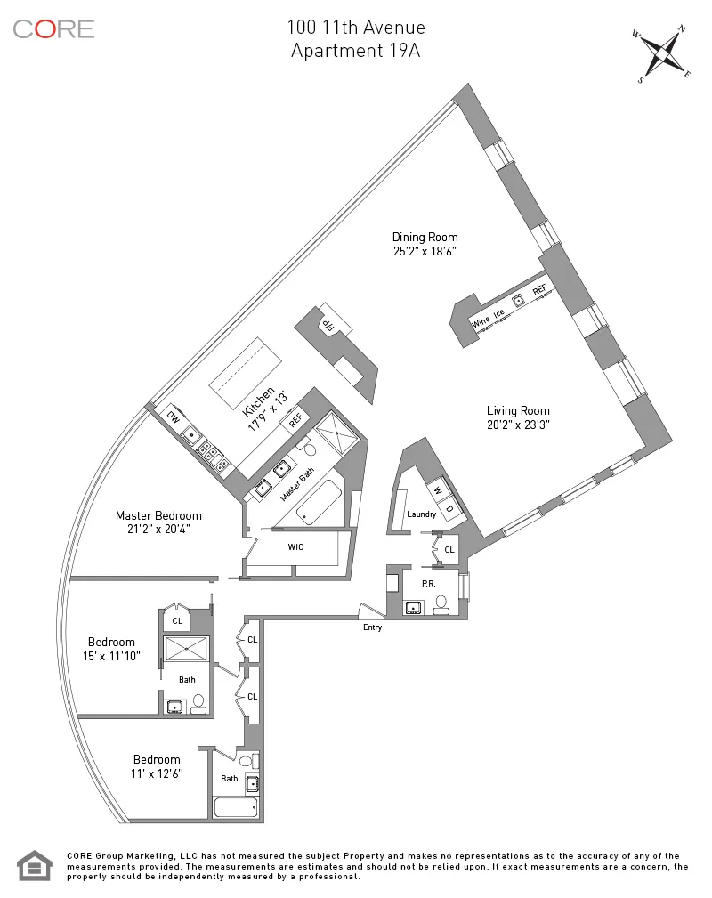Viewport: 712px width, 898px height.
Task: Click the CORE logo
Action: click(53, 28)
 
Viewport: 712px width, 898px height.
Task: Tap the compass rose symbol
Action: click(663, 54)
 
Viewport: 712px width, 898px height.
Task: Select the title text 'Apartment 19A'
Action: click(355, 51)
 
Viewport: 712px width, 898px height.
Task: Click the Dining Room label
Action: click(425, 237)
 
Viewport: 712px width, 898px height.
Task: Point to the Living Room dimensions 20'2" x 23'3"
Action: click(518, 425)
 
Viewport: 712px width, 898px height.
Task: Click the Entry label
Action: click(372, 627)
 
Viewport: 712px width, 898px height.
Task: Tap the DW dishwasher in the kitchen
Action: click(173, 417)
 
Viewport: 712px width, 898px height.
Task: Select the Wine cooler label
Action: click(481, 322)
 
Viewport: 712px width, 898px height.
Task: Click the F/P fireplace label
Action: click(330, 322)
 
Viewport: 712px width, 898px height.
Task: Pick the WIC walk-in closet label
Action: click(295, 546)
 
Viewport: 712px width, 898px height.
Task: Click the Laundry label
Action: click(420, 515)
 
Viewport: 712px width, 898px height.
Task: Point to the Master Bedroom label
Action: click(158, 515)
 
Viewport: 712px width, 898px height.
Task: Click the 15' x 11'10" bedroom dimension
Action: click(111, 657)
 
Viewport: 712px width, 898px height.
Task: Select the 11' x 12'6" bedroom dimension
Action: click(157, 774)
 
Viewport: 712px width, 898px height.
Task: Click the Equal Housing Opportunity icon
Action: click(35, 865)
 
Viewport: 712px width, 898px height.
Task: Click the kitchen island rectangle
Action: click(246, 368)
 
